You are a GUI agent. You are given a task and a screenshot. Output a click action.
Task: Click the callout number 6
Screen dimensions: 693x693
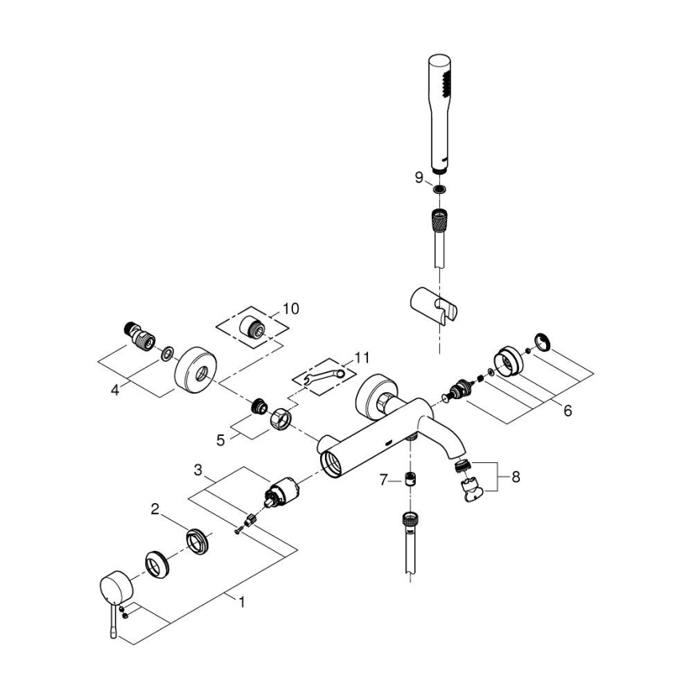point(568,410)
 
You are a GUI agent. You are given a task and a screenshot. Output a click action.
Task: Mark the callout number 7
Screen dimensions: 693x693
point(383,480)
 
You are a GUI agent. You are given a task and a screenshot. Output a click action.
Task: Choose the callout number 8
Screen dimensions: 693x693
point(515,477)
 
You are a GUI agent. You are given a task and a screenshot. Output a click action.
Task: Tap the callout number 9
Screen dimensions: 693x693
point(418,178)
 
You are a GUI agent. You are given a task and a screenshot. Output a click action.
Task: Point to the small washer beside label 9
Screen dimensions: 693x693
point(438,190)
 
